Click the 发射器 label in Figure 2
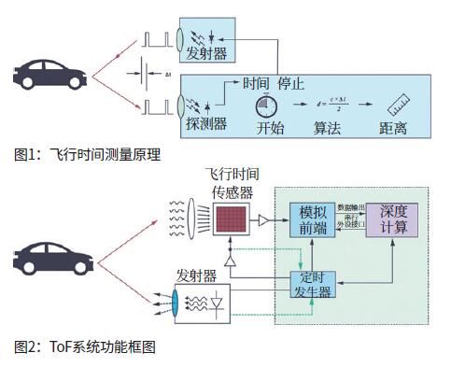[x=197, y=276]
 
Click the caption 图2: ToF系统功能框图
[x=85, y=346]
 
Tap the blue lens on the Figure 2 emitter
[x=175, y=302]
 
